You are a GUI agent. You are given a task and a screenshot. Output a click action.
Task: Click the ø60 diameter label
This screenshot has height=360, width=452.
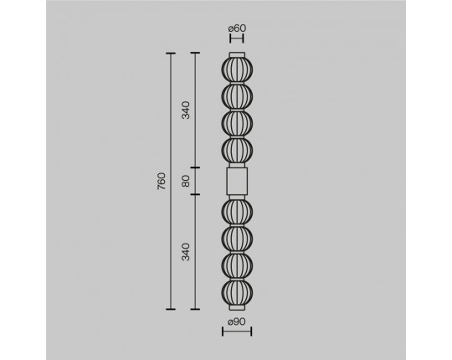click(237, 28)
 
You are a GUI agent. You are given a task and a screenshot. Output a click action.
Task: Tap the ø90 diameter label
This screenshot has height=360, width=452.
click(237, 321)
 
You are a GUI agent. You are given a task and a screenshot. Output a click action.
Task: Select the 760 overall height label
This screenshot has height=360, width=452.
click(162, 181)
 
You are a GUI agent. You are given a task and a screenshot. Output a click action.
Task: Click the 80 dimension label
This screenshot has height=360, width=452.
click(186, 181)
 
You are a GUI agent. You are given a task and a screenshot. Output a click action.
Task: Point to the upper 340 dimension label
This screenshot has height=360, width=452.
click(186, 111)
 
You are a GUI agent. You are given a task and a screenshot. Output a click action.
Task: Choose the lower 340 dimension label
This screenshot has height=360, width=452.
click(186, 252)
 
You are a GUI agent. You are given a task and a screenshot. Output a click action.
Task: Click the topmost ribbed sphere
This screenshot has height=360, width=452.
click(237, 70)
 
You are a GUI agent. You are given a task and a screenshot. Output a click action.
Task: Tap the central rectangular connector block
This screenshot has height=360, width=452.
click(237, 182)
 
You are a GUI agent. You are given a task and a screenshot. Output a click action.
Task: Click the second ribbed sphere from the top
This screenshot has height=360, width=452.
click(237, 97)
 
